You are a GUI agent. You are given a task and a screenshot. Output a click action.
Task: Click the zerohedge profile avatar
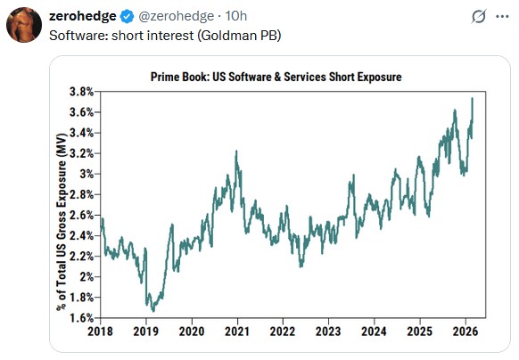pos(23,26)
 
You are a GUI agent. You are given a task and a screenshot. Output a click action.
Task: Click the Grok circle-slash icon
pos(479,17)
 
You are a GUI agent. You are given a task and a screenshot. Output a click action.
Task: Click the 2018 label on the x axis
pos(101,331)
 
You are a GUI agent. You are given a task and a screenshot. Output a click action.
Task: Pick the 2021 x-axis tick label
pos(237,331)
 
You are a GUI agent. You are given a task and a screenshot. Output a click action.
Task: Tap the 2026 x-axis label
pos(465,331)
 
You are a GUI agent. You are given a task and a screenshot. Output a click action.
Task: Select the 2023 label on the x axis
pos(328,331)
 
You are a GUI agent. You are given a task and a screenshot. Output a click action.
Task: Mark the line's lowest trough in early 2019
pos(152,311)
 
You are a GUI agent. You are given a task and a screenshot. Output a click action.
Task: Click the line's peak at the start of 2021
pos(236,151)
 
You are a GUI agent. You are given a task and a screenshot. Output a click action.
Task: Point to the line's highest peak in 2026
pos(472,98)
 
